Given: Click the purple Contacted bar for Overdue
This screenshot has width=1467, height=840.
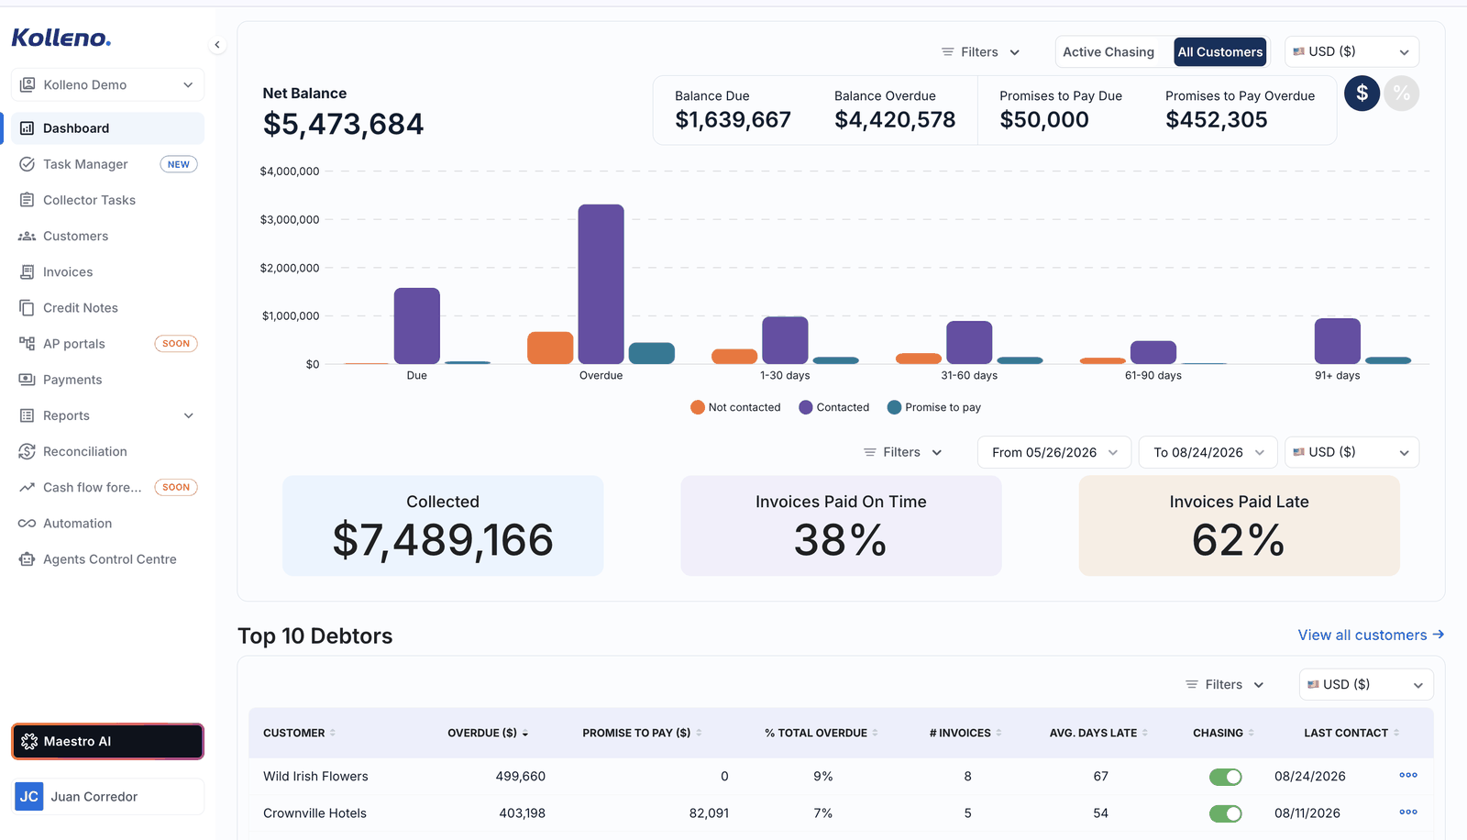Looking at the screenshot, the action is click(601, 284).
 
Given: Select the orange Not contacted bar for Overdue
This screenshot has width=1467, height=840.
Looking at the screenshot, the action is click(550, 348).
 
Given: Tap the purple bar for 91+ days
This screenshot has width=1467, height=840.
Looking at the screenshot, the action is click(1338, 341).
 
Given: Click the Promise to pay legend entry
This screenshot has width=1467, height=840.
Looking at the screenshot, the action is click(934, 407).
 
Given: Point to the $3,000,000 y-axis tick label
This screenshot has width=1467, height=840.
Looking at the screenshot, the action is click(290, 219).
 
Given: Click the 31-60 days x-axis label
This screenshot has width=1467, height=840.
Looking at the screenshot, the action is click(968, 375).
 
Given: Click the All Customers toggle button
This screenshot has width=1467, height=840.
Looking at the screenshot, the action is click(1220, 51).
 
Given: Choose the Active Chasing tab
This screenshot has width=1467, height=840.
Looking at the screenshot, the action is click(1109, 51).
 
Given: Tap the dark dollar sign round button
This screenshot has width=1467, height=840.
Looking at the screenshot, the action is click(1362, 93).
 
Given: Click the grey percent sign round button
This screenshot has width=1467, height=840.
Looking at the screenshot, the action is click(1402, 93).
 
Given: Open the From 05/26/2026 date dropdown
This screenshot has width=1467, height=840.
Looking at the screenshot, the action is click(1053, 452).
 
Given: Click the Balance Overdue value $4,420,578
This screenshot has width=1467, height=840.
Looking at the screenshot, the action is click(895, 120).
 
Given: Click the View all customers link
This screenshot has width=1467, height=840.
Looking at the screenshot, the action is click(1371, 635).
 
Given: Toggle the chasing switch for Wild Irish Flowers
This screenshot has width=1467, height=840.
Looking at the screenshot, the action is click(1225, 777).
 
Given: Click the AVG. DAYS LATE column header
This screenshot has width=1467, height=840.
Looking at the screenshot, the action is click(1093, 734).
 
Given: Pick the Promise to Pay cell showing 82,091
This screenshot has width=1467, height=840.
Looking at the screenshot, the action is click(709, 813).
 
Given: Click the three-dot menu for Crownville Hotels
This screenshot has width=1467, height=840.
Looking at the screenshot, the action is click(1408, 812).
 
